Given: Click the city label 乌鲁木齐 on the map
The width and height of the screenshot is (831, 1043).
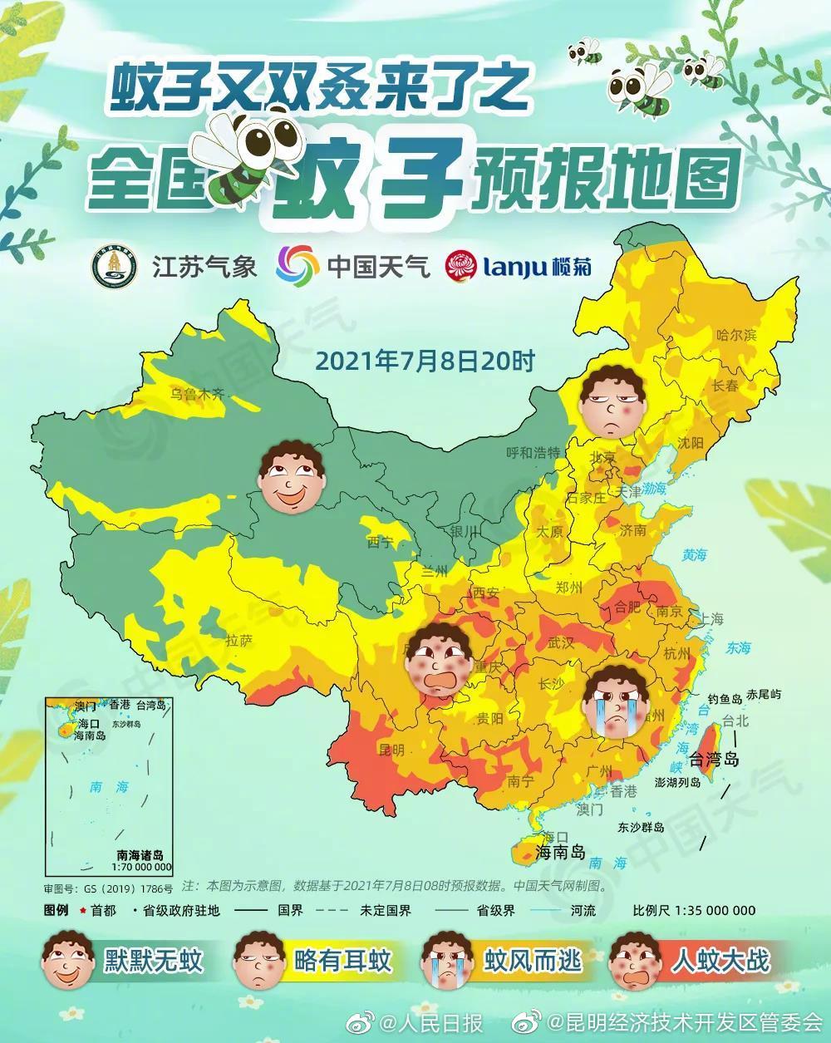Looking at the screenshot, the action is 198,394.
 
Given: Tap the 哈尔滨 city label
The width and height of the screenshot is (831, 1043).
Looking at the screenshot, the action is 736,336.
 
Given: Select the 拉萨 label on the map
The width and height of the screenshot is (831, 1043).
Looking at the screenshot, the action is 238,641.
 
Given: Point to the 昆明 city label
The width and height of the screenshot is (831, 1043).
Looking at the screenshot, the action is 391,750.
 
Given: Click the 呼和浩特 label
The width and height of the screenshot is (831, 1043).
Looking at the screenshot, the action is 534,453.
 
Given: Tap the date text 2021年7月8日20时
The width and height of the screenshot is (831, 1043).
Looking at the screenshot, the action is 425,361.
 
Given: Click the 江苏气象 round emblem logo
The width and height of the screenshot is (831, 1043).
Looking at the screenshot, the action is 114,266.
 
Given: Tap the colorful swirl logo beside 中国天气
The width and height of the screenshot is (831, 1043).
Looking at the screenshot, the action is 297,266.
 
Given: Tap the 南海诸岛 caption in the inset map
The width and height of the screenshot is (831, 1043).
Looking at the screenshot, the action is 140,854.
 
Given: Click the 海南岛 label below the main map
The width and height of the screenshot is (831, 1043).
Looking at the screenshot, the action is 561,852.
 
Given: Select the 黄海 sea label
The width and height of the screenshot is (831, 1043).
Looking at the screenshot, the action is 694,554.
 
